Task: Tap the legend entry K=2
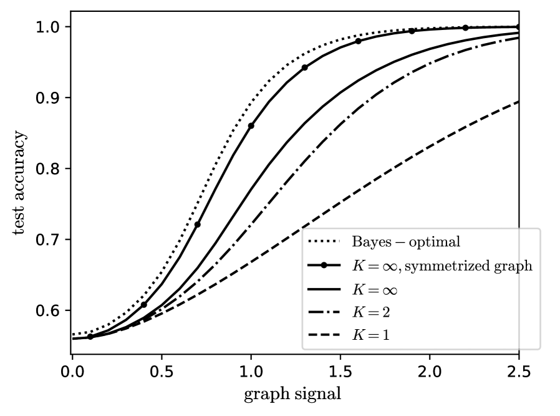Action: (374, 312)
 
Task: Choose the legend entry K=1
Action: (374, 335)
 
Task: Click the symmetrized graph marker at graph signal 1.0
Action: (251, 126)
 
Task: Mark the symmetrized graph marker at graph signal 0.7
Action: (198, 224)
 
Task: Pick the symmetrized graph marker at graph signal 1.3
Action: (304, 67)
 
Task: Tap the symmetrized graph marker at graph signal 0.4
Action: (144, 305)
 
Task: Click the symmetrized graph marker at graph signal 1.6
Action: (358, 41)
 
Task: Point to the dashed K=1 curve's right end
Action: (518, 102)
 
